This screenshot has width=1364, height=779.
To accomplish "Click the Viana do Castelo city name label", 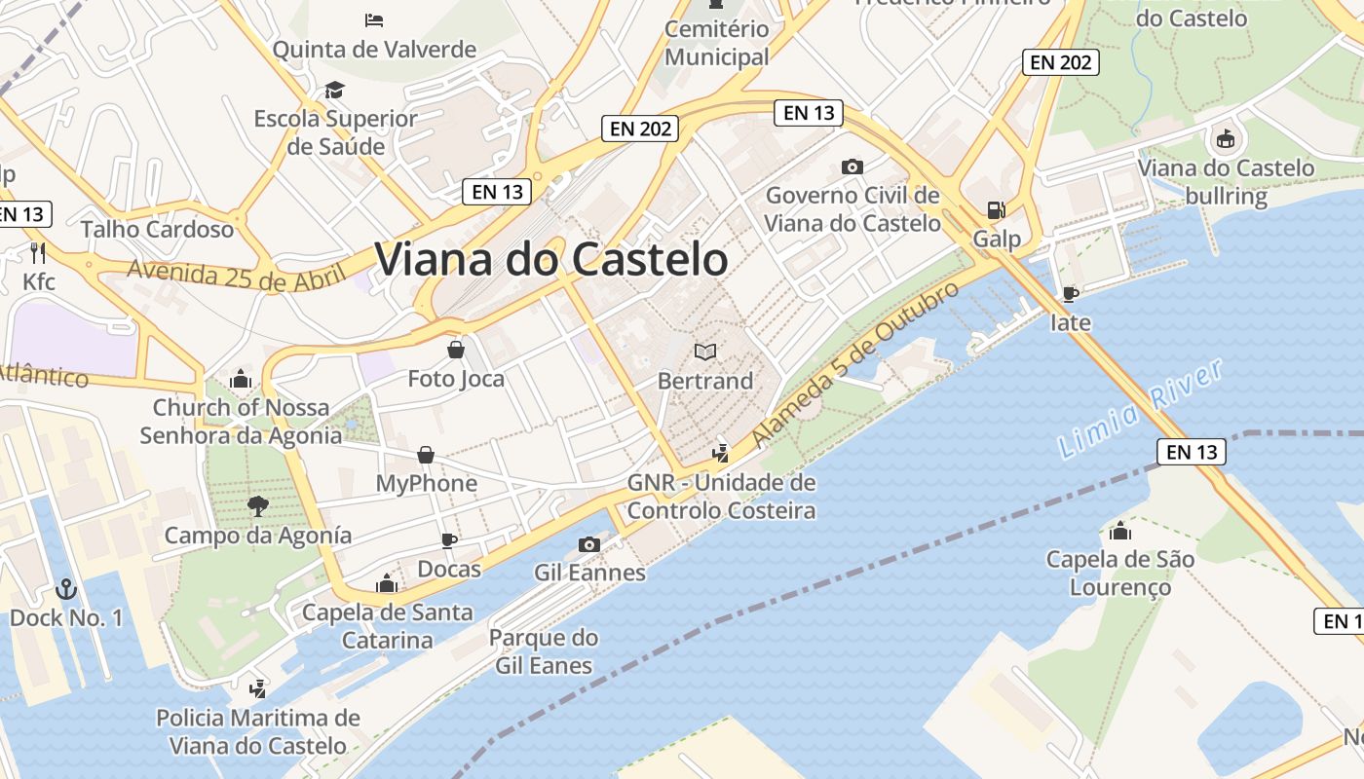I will [551, 260].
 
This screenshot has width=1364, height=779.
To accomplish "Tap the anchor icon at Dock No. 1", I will [66, 588].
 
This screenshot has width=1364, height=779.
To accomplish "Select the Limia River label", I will [1140, 410].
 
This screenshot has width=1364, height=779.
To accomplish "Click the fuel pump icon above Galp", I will [996, 210].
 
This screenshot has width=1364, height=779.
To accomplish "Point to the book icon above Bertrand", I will [705, 352].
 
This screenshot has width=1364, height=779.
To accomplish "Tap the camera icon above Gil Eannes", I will [589, 544].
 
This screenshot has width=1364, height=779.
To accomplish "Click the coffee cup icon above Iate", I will [1070, 293].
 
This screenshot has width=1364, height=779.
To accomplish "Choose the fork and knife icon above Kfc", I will [39, 253].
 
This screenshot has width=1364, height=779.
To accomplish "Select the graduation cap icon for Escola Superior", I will [335, 91].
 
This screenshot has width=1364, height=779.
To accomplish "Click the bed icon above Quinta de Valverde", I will [374, 20].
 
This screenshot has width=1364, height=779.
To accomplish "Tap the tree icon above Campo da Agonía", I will [257, 505].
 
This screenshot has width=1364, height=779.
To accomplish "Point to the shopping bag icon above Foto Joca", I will [455, 350].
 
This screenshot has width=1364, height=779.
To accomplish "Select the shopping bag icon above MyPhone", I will [426, 455].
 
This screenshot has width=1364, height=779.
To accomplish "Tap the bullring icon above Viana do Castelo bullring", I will [1226, 139].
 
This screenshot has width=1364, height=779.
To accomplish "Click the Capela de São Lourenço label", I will [1119, 574].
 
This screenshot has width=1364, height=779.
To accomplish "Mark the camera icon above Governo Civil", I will [852, 167].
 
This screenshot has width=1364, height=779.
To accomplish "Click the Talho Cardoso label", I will [157, 230].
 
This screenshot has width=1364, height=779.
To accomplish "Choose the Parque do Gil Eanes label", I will [544, 651].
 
